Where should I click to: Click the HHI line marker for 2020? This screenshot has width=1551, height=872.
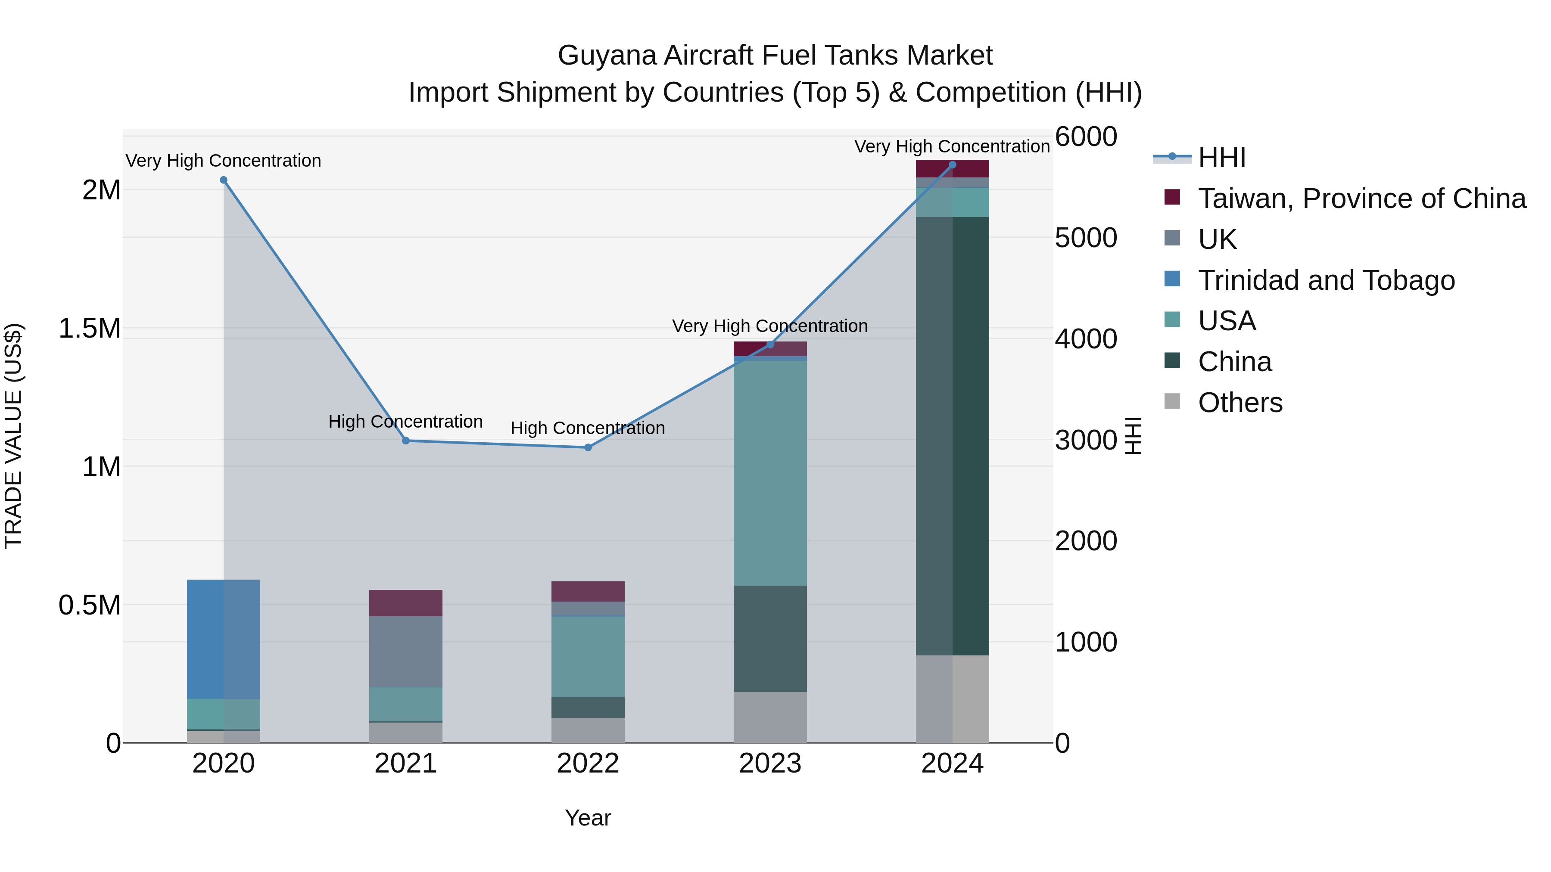click(223, 180)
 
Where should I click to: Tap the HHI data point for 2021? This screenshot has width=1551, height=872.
click(406, 441)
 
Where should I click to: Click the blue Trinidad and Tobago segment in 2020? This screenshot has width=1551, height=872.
click(223, 639)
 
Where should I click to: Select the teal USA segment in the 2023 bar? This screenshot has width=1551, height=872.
click(769, 473)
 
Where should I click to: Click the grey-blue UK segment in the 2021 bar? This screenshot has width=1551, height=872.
click(406, 652)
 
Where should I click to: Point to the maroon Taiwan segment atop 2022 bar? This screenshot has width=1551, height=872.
click(588, 592)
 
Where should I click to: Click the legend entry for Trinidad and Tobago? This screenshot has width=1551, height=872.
click(1326, 280)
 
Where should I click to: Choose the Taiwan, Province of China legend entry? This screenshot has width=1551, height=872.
click(1361, 199)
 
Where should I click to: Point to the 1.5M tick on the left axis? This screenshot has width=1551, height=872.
click(90, 329)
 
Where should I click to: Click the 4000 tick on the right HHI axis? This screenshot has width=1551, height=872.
click(1086, 339)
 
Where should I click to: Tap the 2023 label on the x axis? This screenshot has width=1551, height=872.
click(769, 763)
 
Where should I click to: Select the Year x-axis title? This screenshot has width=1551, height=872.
click(588, 818)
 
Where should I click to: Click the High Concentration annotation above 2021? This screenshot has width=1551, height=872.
click(405, 421)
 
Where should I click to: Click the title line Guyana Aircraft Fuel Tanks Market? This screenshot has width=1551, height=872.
click(775, 56)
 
